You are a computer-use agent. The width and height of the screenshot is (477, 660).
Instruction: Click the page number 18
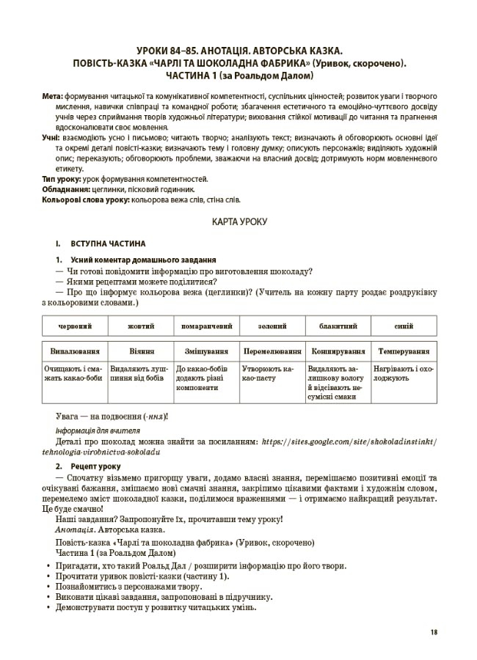tap(434, 633)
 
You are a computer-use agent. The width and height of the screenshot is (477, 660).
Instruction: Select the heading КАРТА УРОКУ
tap(238, 221)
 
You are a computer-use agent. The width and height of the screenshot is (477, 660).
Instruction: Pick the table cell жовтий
tap(140, 325)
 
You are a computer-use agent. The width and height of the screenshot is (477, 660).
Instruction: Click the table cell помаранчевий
tap(205, 325)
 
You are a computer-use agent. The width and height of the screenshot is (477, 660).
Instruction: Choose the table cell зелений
tap(272, 325)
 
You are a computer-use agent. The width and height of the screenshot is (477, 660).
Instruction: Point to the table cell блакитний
tap(338, 325)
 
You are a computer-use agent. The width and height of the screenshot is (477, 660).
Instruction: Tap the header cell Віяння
tap(140, 351)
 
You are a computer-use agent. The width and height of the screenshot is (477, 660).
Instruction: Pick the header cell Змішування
tap(205, 351)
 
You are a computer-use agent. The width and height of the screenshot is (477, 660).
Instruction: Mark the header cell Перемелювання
tap(272, 351)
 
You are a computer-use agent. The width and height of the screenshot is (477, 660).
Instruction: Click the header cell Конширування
tap(338, 351)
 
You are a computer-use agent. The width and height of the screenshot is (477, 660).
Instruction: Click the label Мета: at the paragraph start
tap(53, 96)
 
